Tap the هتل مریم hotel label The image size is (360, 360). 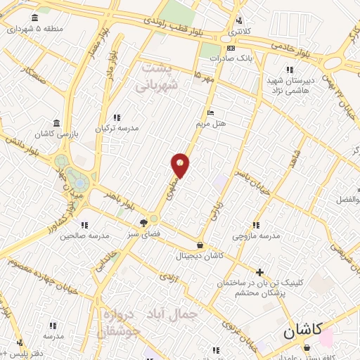[x=210, y=123]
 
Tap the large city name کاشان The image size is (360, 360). [x=304, y=331]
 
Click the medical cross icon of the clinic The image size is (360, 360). [x=259, y=272]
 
